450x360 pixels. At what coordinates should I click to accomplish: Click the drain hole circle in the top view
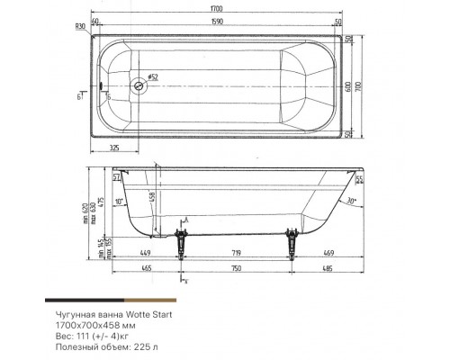[x=139, y=87]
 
